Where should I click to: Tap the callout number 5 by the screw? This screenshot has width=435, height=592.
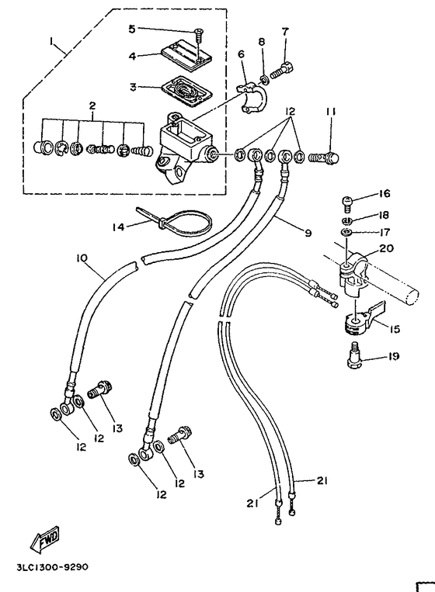[131, 29]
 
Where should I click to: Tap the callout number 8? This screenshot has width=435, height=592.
[262, 41]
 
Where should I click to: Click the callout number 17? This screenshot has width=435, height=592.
[384, 231]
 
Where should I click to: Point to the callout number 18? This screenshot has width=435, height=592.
[384, 216]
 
